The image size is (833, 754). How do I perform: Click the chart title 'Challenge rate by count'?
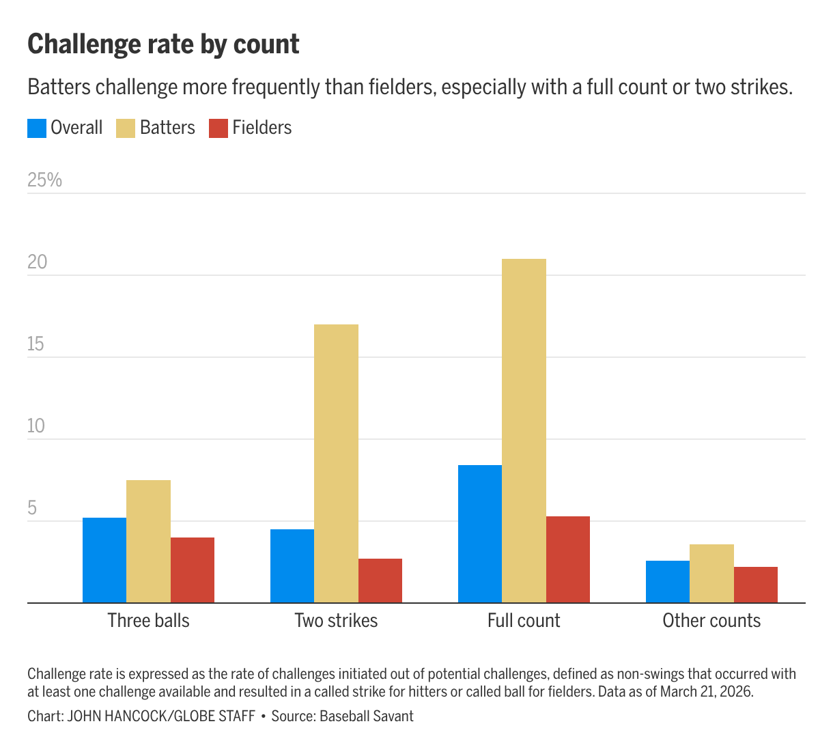[163, 44]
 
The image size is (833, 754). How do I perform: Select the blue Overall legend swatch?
[37, 128]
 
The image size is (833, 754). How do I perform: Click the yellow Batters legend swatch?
[126, 128]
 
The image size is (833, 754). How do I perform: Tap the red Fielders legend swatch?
[218, 128]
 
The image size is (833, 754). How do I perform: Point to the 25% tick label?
[44, 180]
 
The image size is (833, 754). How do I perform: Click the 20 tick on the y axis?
[38, 262]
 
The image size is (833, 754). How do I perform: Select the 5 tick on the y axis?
[32, 508]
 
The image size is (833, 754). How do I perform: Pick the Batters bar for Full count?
[524, 430]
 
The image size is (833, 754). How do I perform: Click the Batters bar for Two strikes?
[336, 463]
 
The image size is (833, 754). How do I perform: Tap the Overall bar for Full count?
[479, 533]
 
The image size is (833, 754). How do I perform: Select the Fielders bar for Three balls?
[193, 570]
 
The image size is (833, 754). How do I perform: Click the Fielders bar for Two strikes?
[380, 581]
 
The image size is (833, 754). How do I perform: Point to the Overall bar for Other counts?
[667, 581]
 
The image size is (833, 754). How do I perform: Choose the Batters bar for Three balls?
[148, 541]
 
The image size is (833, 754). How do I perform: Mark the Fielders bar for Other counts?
[756, 585]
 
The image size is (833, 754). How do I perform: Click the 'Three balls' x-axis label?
[148, 620]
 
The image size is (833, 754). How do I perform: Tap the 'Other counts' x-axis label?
[711, 620]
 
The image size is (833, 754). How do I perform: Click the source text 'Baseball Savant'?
[366, 716]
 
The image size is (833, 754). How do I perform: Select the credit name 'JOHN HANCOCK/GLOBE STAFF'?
[161, 716]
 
